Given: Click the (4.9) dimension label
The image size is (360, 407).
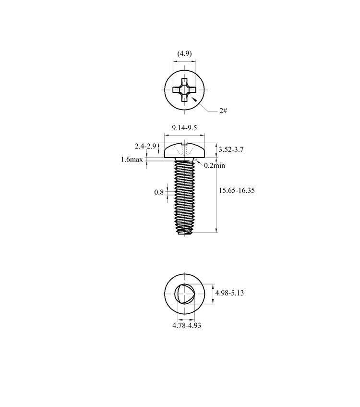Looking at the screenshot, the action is (x=184, y=53).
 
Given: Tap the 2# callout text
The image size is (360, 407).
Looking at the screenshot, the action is (x=223, y=111).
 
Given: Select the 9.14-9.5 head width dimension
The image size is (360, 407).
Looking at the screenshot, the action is (x=184, y=128).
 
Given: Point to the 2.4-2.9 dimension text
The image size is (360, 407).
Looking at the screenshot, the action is (x=145, y=146).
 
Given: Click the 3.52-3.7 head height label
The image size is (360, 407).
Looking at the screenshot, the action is (x=231, y=149).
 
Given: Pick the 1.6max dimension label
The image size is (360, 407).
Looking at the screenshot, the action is (x=132, y=160).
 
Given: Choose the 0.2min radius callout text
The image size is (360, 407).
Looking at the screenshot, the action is (x=215, y=165).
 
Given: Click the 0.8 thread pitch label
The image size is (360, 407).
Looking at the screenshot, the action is (x=159, y=192).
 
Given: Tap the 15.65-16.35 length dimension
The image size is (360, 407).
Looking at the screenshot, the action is (x=237, y=190).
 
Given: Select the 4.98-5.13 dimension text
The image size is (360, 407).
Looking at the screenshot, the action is (x=229, y=293).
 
